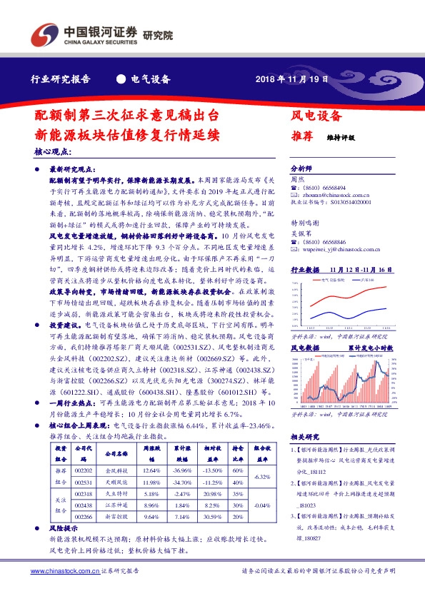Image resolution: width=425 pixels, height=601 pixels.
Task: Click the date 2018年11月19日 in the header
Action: (x=292, y=79)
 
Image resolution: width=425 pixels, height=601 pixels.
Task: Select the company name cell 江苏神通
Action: (x=115, y=504)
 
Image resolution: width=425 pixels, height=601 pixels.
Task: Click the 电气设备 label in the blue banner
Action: (x=151, y=79)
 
